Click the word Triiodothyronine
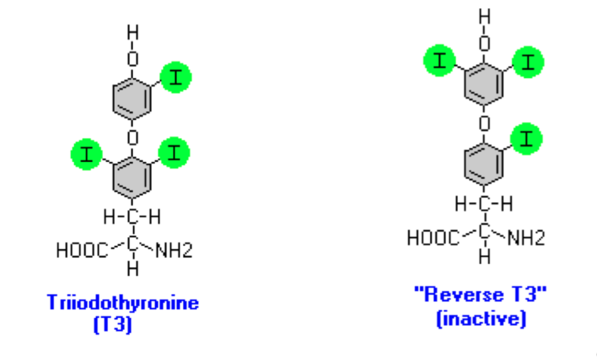click(x=122, y=303)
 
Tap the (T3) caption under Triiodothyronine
click(x=113, y=324)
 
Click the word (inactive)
click(x=481, y=319)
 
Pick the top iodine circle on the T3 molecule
click(x=175, y=78)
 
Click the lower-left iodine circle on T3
click(x=86, y=154)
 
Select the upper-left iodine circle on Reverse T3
click(x=440, y=61)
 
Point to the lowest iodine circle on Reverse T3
click(x=526, y=139)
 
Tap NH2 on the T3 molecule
click(x=173, y=250)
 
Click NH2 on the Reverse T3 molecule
click(x=526, y=238)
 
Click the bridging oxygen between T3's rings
click(x=133, y=137)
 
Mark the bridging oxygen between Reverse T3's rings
click(x=484, y=123)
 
